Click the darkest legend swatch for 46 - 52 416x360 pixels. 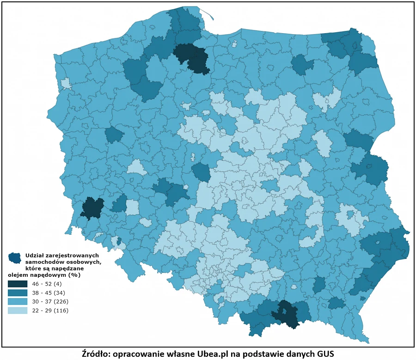tap(18, 284)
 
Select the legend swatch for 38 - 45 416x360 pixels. tap(18, 293)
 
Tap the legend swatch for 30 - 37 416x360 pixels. tap(18, 301)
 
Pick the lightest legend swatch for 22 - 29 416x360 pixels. tap(18, 310)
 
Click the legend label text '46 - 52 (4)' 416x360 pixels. tap(47, 284)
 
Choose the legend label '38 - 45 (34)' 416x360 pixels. tap(47, 293)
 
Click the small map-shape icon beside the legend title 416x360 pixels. tap(15, 257)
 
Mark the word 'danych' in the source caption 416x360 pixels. tap(297, 353)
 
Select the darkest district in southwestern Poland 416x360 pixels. tap(92, 208)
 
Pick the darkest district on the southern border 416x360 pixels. tap(286, 314)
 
